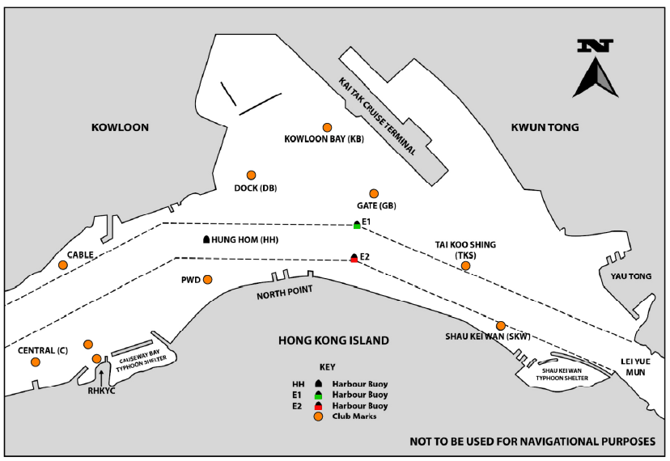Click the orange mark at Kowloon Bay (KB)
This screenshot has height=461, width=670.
pyautogui.click(x=328, y=127)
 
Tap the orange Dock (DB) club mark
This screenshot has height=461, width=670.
pyautogui.click(x=251, y=175)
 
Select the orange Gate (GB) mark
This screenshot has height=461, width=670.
pyautogui.click(x=374, y=193)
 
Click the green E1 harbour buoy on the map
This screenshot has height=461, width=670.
pyautogui.click(x=357, y=225)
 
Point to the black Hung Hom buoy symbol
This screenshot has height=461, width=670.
pyautogui.click(x=206, y=239)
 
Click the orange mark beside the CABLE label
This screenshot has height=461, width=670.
pyautogui.click(x=62, y=265)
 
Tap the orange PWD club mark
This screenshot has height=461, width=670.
pyautogui.click(x=207, y=280)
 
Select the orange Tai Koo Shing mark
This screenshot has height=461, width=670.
pyautogui.click(x=465, y=265)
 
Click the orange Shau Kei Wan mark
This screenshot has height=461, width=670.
pyautogui.click(x=501, y=325)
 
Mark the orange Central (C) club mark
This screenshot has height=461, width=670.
pyautogui.click(x=35, y=362)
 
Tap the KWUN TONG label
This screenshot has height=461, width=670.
pyautogui.click(x=545, y=127)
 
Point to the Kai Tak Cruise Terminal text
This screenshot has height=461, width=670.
pyautogui.click(x=378, y=116)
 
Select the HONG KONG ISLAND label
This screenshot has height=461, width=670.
pyautogui.click(x=333, y=340)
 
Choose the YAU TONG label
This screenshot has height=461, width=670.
pyautogui.click(x=630, y=277)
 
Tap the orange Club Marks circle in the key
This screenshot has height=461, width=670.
pyautogui.click(x=318, y=417)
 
